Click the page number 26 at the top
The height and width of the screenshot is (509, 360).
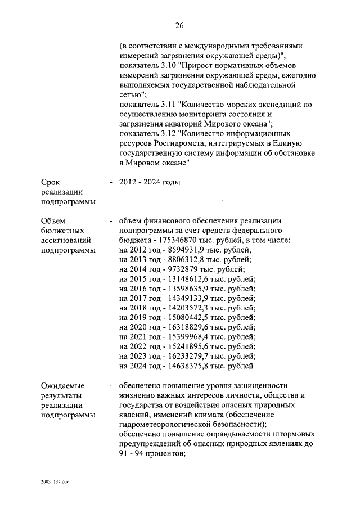180,25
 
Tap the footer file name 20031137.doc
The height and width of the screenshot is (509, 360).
53,482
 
